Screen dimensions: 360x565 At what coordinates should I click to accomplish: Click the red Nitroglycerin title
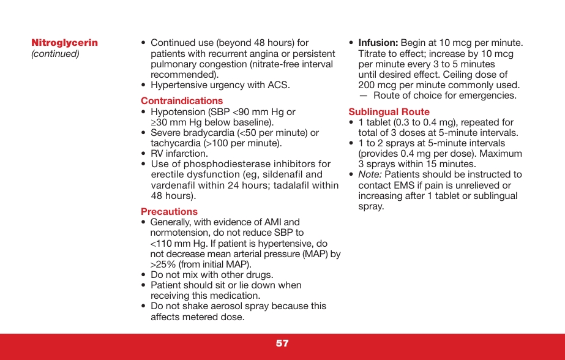pyautogui.click(x=64, y=43)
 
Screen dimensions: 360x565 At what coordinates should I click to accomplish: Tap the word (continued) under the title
pyautogui.click(x=55, y=54)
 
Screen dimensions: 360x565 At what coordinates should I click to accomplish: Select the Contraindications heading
pyautogui.click(x=182, y=100)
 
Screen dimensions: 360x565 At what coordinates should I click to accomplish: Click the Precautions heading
pyautogui.click(x=169, y=211)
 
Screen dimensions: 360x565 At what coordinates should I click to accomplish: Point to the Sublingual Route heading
pyautogui.click(x=389, y=111)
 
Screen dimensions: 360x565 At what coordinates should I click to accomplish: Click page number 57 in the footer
pyautogui.click(x=282, y=343)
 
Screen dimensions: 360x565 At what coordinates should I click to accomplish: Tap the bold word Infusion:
pyautogui.click(x=378, y=43)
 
